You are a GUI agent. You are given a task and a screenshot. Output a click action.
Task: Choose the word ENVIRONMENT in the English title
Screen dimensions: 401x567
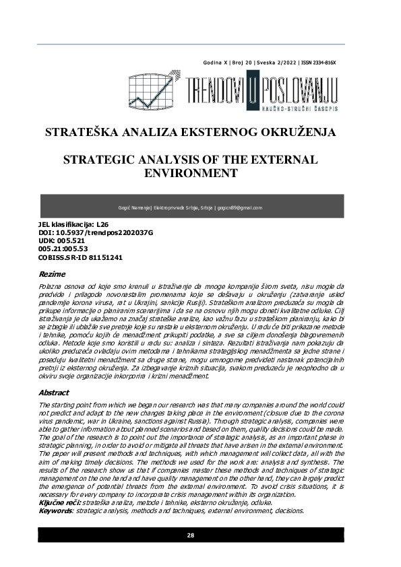coord(191,174)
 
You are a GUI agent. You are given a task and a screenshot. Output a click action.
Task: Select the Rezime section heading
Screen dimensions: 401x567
coord(53,275)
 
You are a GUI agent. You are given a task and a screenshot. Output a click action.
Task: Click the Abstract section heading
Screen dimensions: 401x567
coord(55,391)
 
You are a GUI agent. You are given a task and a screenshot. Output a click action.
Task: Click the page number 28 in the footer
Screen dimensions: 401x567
coord(191,535)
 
